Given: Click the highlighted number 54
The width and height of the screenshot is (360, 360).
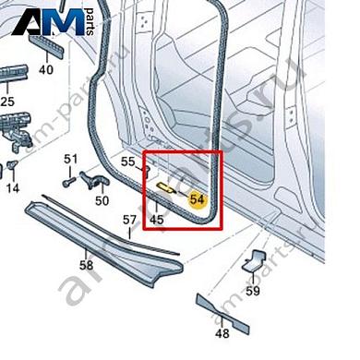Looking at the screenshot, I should pyautogui.click(x=197, y=198).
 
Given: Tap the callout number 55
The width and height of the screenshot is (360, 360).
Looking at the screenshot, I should pyautogui.click(x=127, y=162).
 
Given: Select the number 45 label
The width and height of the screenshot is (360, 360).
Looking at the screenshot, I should pyautogui.click(x=157, y=220).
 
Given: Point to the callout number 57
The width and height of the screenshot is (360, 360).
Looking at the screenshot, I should pyautogui.click(x=130, y=220).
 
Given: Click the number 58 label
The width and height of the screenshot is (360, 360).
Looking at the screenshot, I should pyautogui.click(x=86, y=265).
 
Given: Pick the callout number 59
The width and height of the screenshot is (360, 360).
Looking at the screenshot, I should pyautogui.click(x=253, y=292).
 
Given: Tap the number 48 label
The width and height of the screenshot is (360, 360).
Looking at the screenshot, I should pyautogui.click(x=222, y=333).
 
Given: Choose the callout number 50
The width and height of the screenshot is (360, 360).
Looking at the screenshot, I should pyautogui.click(x=102, y=199).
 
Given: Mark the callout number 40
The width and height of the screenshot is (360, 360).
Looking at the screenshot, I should pyautogui.click(x=46, y=70).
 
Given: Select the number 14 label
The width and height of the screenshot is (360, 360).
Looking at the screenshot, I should pyautogui.click(x=12, y=188).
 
